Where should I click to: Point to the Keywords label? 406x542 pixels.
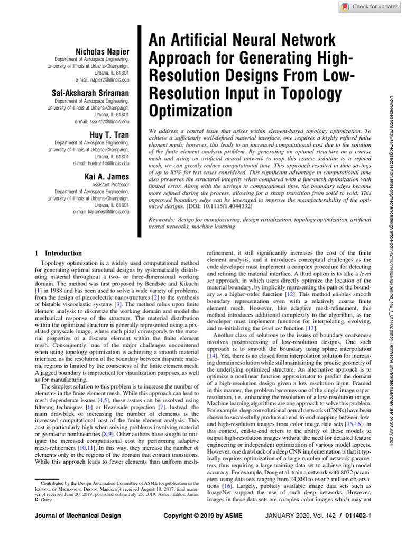tap(163, 218)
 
